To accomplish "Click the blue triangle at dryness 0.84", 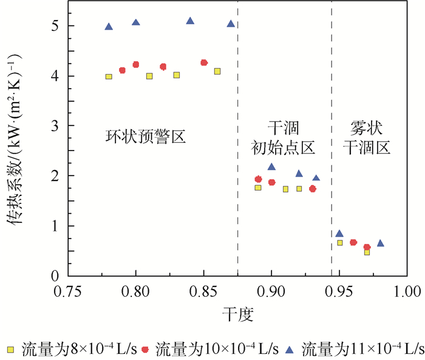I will pos(190,21).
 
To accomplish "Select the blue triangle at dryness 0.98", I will pos(380,243).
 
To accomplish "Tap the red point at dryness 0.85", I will pos(204,63).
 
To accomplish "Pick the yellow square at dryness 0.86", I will pos(217,72).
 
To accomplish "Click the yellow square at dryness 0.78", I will pos(109,76).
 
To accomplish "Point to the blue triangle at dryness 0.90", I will pos(271,167).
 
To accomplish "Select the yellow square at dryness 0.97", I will pos(367,252).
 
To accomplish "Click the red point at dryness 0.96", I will pos(353,242).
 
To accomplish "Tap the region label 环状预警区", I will pos(144,138).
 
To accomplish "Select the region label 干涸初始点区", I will pos(284,137).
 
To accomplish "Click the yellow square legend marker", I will pos(9,349).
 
